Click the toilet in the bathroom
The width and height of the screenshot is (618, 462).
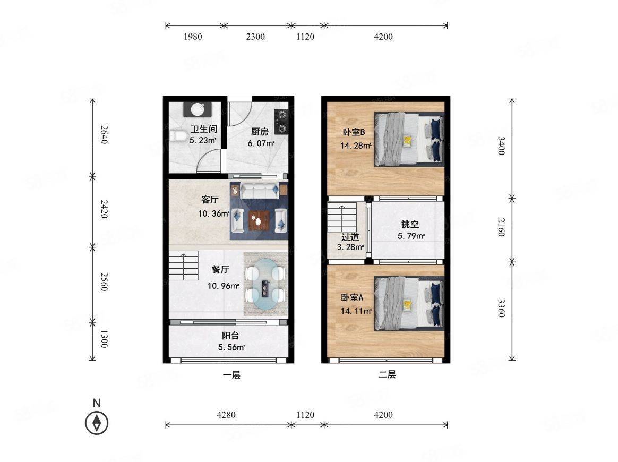tap(178, 135)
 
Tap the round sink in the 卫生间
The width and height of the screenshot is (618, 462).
tap(197, 109)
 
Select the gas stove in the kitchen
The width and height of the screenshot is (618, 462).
tap(281, 121)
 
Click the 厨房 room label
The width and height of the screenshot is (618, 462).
tap(259, 132)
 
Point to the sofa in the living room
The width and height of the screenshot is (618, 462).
tap(259, 191)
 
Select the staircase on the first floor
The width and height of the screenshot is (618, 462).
tap(184, 266)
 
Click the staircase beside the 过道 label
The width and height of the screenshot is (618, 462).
tap(342, 217)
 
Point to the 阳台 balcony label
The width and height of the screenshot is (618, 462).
tap(230, 336)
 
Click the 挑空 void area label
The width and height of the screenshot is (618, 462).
tap(410, 224)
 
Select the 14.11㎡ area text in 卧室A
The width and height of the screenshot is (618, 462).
tap(356, 311)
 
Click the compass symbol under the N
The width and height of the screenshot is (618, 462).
tap(97, 423)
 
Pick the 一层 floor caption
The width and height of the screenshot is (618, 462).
tap(231, 374)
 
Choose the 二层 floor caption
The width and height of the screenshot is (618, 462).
tap(387, 374)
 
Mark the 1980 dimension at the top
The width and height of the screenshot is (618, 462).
tap(193, 37)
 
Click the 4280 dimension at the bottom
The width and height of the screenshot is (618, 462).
tap(226, 415)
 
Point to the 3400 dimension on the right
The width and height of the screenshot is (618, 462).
tap(501, 146)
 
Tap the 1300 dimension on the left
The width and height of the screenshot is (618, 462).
tap(104, 339)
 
